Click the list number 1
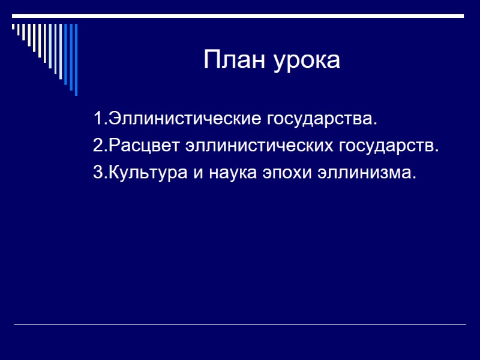point(98,118)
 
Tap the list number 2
point(98,146)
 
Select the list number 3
point(98,173)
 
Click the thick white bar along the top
point(240,16)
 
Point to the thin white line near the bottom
point(240,325)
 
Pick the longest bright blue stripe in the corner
point(76,60)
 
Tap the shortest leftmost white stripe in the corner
point(13,27)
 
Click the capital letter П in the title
point(211,60)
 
